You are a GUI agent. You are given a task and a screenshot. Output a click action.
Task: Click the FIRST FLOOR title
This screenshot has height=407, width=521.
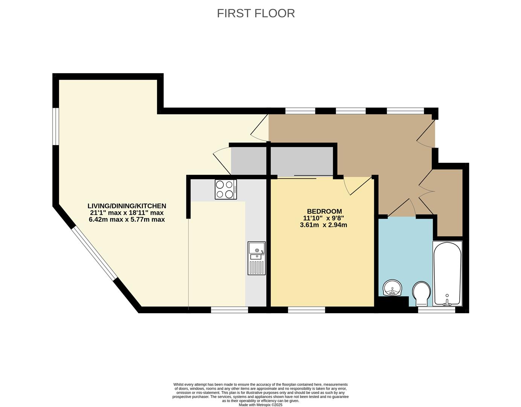point(256,13)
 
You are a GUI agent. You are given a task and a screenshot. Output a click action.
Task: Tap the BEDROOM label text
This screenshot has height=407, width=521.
point(324,211)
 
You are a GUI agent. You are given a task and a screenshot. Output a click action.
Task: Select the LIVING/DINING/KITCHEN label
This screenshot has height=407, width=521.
point(126,206)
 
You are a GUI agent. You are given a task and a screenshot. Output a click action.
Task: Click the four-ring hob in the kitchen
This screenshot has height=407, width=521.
point(225,189)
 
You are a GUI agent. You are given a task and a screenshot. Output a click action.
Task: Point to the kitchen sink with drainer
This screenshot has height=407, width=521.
point(256,258)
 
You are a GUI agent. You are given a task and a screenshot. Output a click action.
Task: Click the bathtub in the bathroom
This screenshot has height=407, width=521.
point(447,273)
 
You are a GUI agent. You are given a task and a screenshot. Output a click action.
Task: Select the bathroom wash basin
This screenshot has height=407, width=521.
point(393,289)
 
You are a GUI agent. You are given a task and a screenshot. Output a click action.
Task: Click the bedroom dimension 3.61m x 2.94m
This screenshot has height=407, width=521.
point(323,225)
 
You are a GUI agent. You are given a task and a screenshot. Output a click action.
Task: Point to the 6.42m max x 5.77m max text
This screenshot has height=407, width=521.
point(126,219)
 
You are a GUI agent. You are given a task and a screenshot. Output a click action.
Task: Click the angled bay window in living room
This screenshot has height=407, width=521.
point(94,253)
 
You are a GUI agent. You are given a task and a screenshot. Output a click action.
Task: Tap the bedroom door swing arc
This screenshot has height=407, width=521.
point(354,185)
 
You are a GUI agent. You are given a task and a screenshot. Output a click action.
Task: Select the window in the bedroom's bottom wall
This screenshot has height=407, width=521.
point(306,310)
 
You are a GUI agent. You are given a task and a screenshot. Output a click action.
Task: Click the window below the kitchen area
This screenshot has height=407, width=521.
point(229,310)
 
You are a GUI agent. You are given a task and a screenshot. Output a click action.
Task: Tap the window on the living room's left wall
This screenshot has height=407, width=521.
point(55,126)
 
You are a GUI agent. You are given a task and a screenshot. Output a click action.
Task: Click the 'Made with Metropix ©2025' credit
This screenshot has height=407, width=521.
point(260,405)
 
